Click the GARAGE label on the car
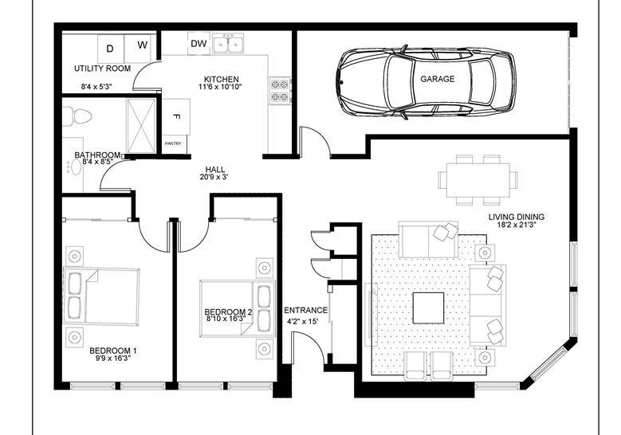(x=437, y=79)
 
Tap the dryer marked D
(x=111, y=49)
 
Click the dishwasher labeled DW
(x=198, y=44)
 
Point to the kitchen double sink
(x=228, y=43)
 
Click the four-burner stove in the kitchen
(x=280, y=91)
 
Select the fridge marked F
(x=177, y=117)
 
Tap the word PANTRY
(x=173, y=143)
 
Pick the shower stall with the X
(x=141, y=125)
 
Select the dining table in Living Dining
(x=478, y=180)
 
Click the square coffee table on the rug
(x=428, y=308)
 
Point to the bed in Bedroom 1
(x=101, y=297)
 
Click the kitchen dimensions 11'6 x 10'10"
(x=220, y=87)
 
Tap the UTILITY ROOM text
(x=102, y=69)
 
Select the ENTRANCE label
(x=306, y=311)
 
